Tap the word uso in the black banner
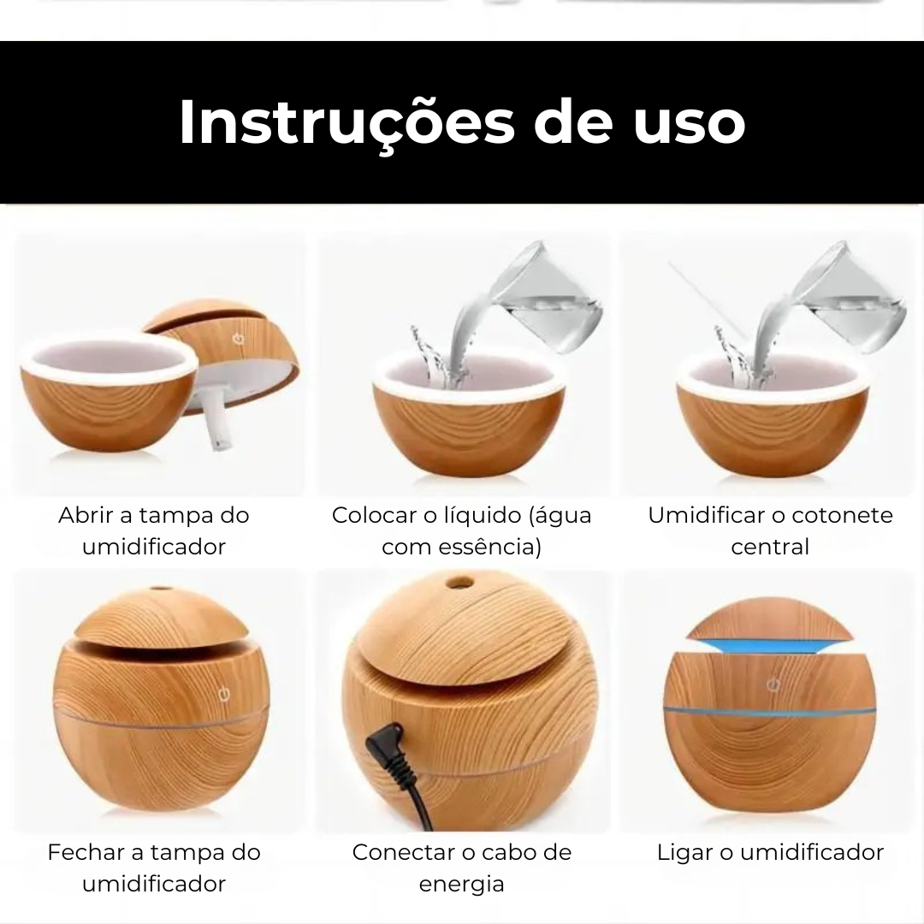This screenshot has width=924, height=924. click(x=690, y=124)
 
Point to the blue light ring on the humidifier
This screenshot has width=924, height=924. click(x=769, y=712)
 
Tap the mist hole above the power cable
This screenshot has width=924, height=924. click(x=459, y=583)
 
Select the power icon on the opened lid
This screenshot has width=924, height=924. click(x=238, y=339)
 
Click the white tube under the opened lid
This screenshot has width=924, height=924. click(x=219, y=419)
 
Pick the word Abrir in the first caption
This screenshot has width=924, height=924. click(x=86, y=515)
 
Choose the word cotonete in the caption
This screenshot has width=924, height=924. click(x=842, y=515)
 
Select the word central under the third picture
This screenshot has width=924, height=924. click(x=770, y=547)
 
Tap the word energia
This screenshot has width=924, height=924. click(x=461, y=885)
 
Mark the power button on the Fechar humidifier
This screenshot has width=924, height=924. click(x=224, y=695)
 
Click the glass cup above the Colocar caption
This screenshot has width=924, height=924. click(x=545, y=298)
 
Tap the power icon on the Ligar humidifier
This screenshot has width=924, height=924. click(x=773, y=684)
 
